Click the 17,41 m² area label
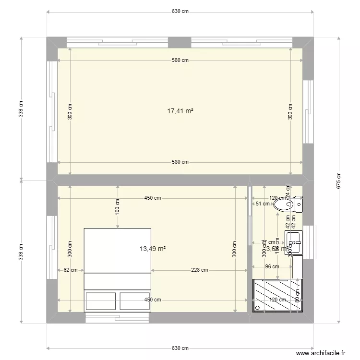coord(180,111)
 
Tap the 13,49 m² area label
coord(153,249)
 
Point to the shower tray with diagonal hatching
coord(277,295)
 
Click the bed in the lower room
coord(118,269)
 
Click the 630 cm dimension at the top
coord(180,12)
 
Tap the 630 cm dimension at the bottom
coord(180,348)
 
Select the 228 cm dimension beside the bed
coord(199,270)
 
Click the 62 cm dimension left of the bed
coord(71,270)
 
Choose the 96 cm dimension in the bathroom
coord(272,266)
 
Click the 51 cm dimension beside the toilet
coord(262,204)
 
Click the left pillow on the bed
coord(100,300)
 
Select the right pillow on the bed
coord(134,300)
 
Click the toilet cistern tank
coord(299,204)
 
